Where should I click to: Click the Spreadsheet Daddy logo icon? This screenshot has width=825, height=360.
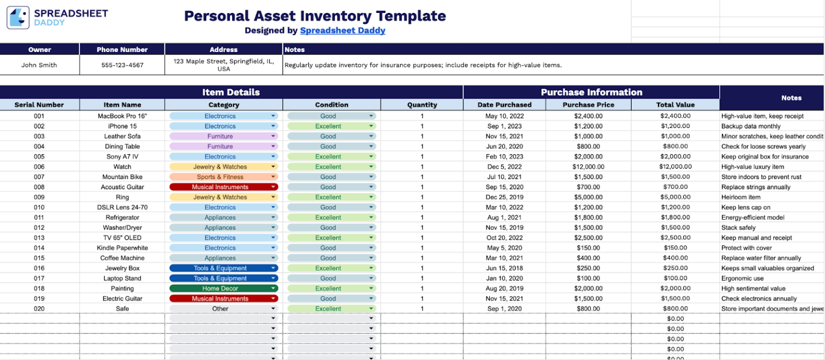point(18,18)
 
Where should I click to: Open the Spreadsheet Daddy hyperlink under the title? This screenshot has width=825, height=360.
point(342,31)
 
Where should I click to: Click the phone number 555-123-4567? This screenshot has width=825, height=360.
point(122,65)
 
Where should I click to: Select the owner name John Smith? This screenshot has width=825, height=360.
point(39,65)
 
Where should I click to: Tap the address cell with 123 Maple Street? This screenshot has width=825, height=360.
point(223,65)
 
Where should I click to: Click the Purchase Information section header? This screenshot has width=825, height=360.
point(591,92)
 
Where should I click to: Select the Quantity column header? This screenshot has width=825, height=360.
point(422,105)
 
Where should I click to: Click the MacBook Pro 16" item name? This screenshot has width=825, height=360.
point(122,116)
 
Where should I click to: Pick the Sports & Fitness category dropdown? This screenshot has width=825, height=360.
point(223,177)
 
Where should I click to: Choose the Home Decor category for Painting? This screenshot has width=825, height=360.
point(223,289)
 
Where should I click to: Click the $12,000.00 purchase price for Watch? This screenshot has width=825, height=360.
point(588,167)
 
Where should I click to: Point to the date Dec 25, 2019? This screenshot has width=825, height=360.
point(504,197)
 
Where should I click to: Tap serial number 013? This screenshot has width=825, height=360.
point(39,237)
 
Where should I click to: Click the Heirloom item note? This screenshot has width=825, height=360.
point(741,197)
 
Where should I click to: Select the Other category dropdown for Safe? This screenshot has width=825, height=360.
point(223,309)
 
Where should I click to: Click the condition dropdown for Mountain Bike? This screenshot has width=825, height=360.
point(331,177)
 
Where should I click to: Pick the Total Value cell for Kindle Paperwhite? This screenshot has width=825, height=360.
point(675,248)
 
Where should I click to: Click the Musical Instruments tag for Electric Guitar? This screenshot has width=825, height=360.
point(223,299)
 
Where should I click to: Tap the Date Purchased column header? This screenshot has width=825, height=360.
point(504,105)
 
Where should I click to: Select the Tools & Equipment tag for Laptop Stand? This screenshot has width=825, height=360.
point(223,278)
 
